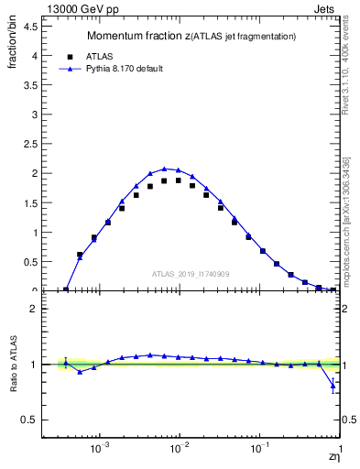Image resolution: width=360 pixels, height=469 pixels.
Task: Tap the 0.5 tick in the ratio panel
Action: (29, 420)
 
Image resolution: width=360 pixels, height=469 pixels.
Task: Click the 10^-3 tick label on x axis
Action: (101, 451)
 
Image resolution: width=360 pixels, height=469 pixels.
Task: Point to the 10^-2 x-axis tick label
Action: (180, 451)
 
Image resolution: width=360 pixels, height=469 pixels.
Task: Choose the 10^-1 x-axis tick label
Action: (260, 451)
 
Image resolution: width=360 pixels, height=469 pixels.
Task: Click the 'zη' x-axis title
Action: (334, 457)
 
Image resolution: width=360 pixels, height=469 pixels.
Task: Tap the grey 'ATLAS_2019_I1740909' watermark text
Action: (191, 274)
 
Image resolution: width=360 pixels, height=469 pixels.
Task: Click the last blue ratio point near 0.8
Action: (333, 386)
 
